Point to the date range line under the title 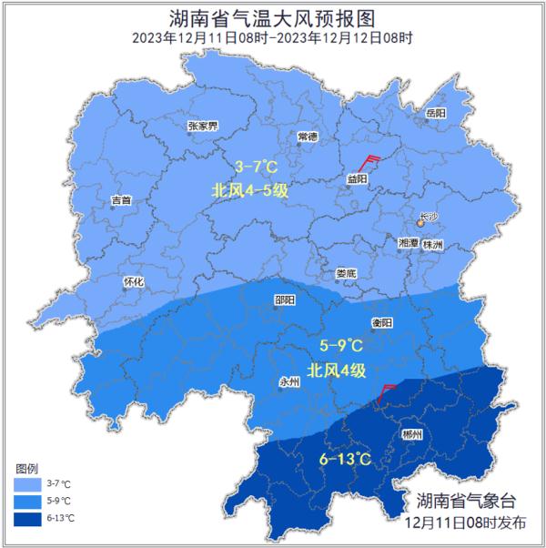pyautogui.click(x=272, y=38)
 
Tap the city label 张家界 pyautogui.click(x=202, y=126)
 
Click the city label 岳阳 pyautogui.click(x=436, y=112)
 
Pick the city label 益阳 pyautogui.click(x=358, y=179)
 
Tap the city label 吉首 pyautogui.click(x=120, y=199)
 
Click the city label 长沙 pyautogui.click(x=428, y=218)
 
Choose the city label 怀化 pyautogui.click(x=133, y=281)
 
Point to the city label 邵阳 pyautogui.click(x=285, y=299)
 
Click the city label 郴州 pyautogui.click(x=411, y=435)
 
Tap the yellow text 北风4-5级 pyautogui.click(x=248, y=190)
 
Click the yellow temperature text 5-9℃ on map pyautogui.click(x=340, y=346)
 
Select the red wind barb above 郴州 pyautogui.click(x=385, y=392)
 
